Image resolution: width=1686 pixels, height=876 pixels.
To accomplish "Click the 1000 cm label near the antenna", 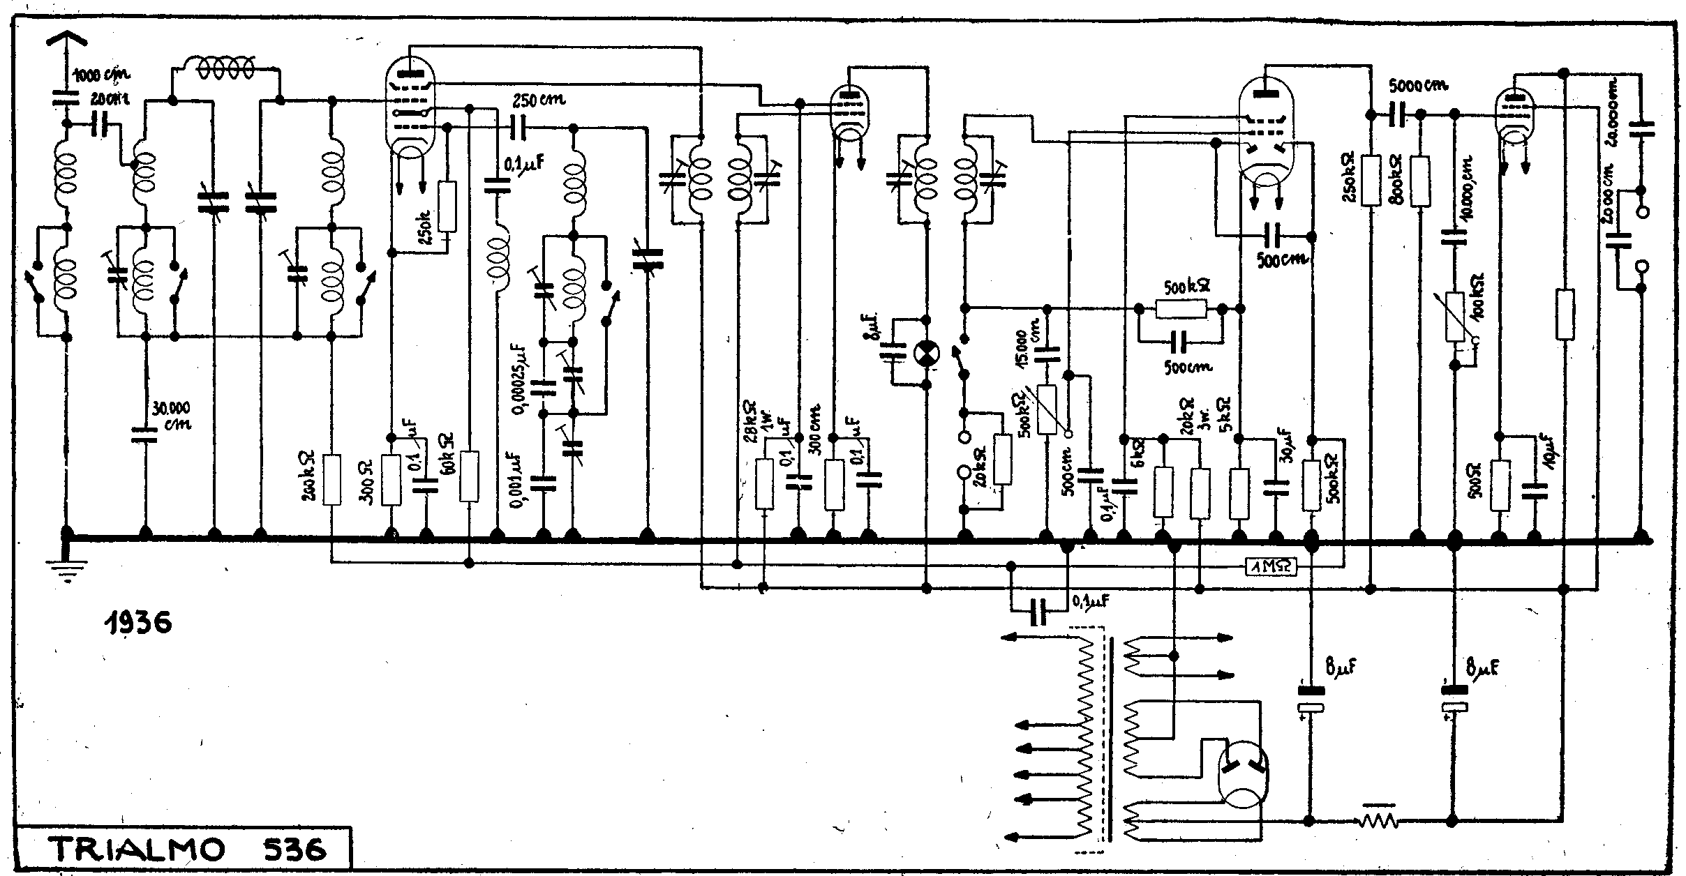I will point(100,75).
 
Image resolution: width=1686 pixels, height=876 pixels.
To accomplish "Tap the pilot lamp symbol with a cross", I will point(926,352).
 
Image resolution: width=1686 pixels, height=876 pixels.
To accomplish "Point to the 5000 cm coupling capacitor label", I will point(1417,106).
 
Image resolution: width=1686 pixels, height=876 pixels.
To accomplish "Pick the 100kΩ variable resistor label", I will point(1477,299).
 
